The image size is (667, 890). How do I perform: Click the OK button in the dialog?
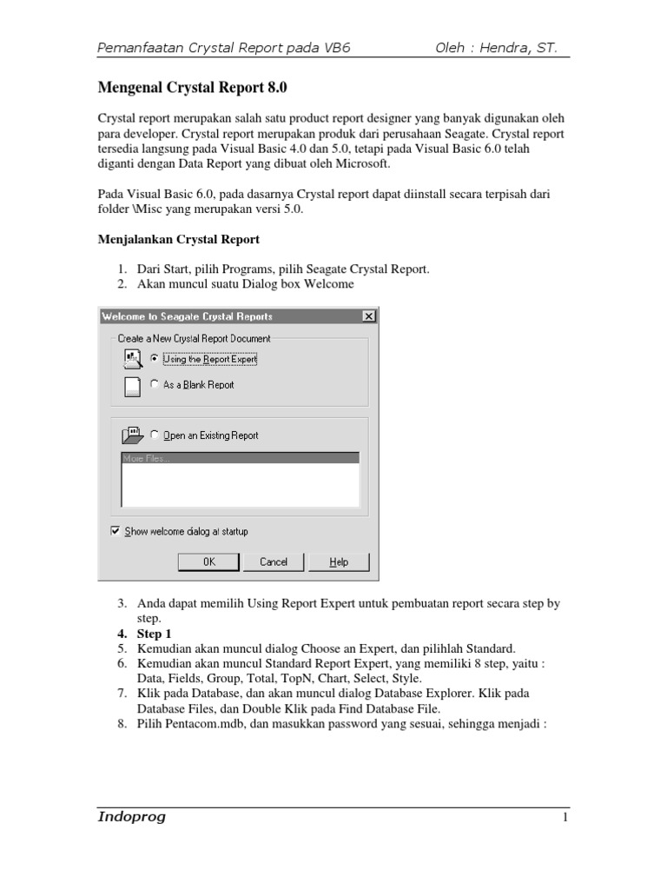(208, 562)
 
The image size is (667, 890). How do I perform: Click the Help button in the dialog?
(339, 562)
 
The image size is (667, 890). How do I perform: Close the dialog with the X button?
(368, 316)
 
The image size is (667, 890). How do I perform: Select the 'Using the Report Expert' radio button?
(155, 358)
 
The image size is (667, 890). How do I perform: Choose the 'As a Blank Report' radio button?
(155, 384)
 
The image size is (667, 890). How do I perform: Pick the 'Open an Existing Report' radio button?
(155, 435)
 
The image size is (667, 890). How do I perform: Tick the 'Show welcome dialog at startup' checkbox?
(116, 531)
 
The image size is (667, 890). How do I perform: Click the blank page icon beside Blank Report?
(131, 386)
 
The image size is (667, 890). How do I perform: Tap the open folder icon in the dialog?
(131, 435)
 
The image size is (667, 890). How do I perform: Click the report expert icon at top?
(131, 357)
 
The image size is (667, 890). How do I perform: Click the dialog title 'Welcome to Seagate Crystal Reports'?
(187, 316)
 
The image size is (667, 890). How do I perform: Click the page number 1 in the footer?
(565, 819)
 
